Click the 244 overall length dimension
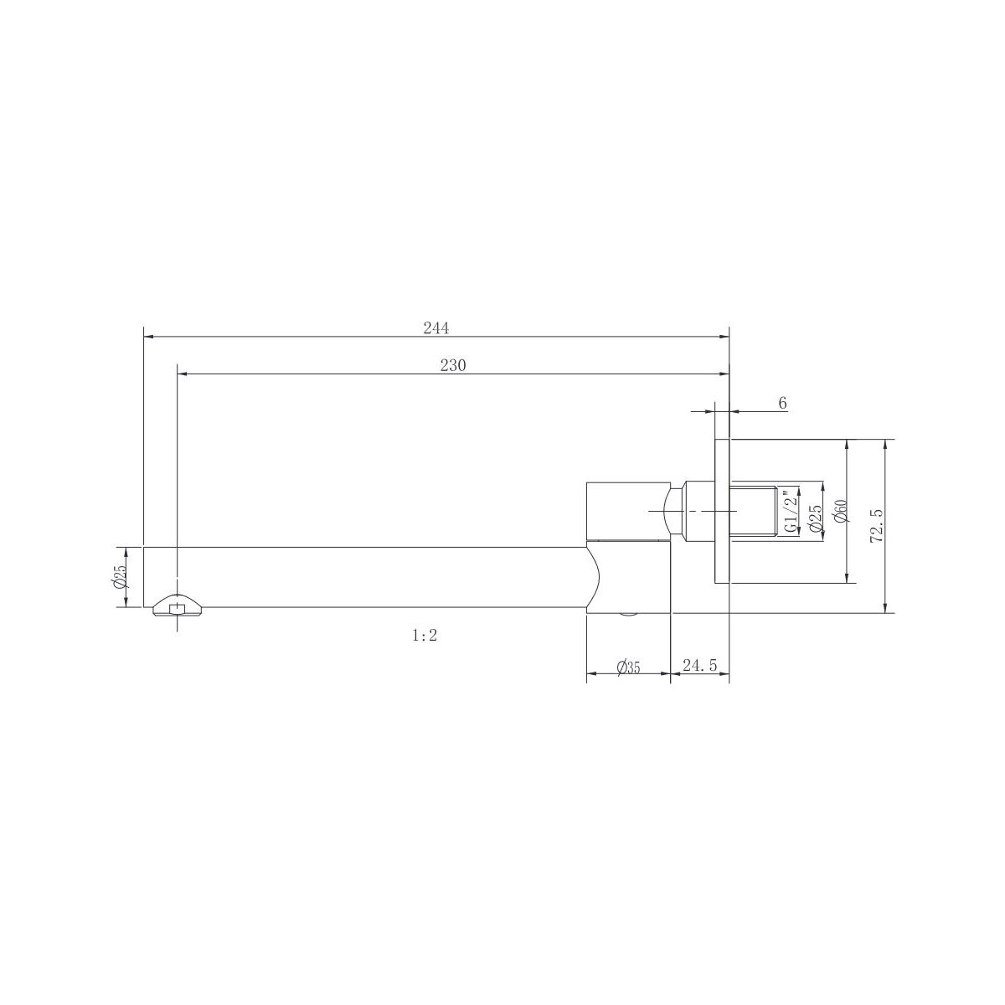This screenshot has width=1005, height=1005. pyautogui.click(x=435, y=328)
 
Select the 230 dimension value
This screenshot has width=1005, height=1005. pyautogui.click(x=453, y=366)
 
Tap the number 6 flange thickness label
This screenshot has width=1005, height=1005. pyautogui.click(x=782, y=403)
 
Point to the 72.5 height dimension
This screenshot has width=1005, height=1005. pyautogui.click(x=877, y=526)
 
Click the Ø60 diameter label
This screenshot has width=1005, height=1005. pyautogui.click(x=841, y=511)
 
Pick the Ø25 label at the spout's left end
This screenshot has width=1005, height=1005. pyautogui.click(x=120, y=577)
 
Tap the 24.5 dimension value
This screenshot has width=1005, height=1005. pyautogui.click(x=699, y=665)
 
